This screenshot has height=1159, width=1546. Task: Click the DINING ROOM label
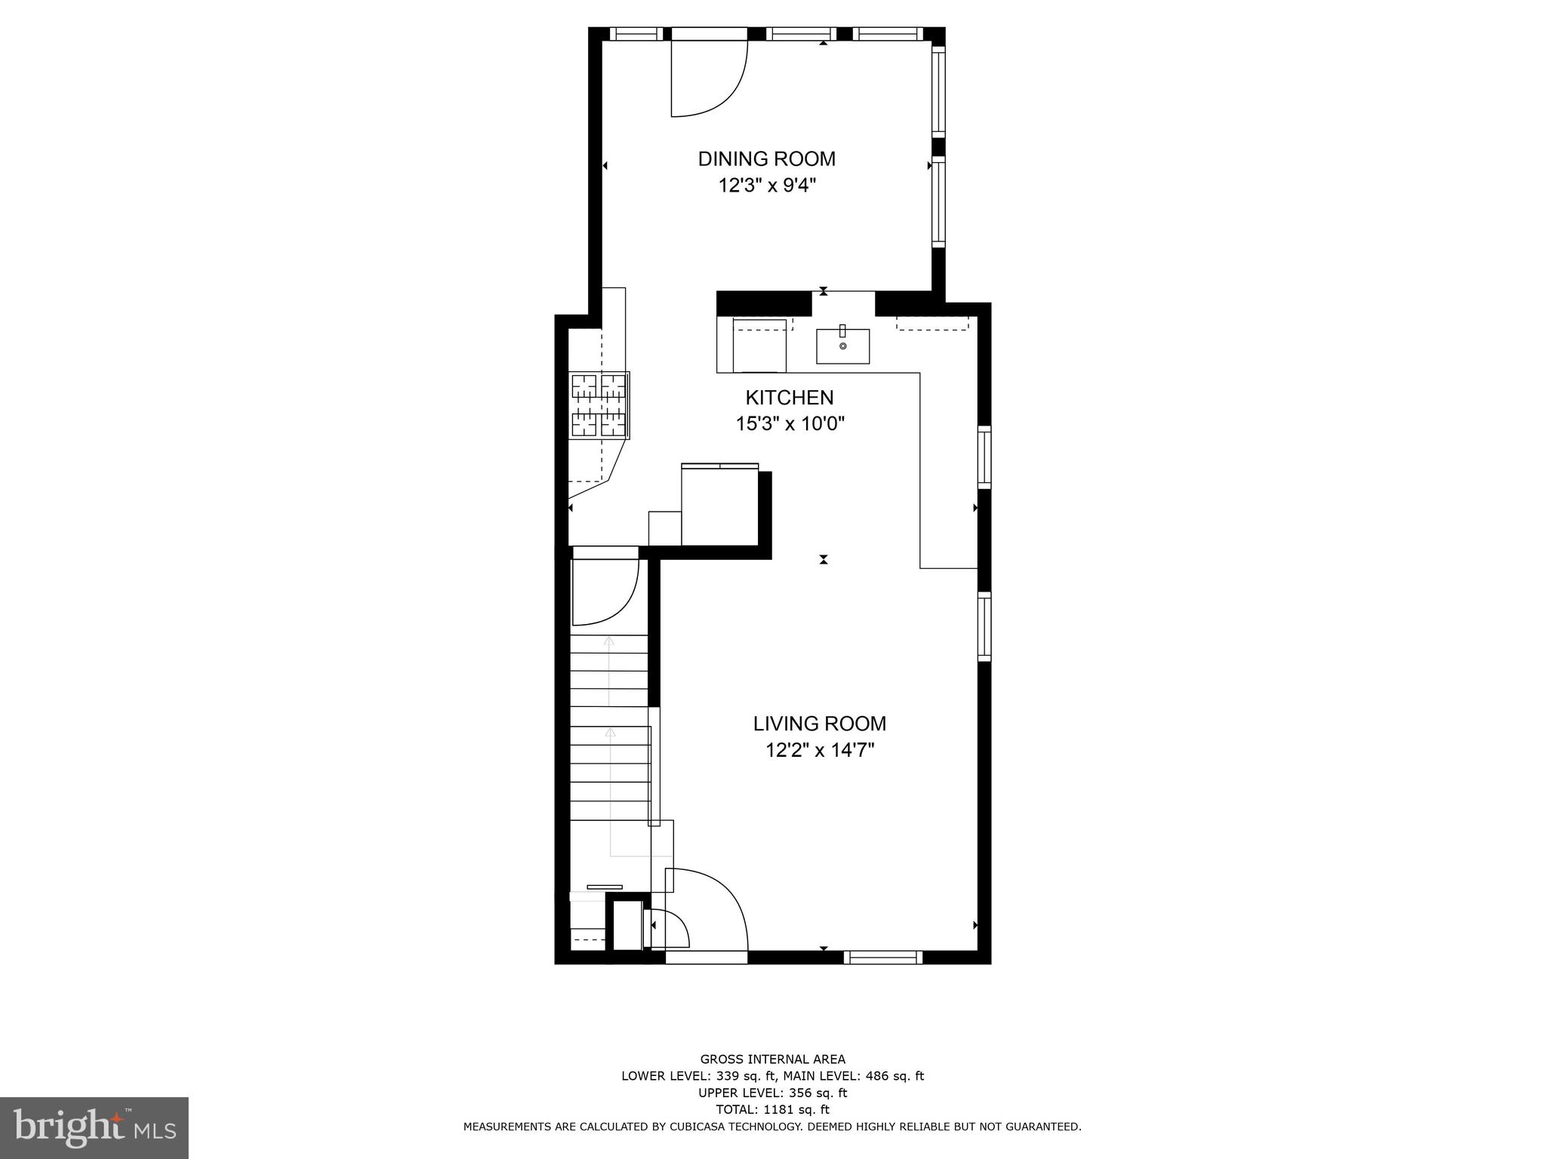point(766,159)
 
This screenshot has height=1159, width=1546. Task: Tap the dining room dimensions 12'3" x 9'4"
point(767,186)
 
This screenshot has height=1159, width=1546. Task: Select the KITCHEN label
point(790,398)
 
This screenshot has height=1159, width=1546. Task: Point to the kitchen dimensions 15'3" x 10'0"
point(790,424)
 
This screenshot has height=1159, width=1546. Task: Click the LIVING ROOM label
point(819,724)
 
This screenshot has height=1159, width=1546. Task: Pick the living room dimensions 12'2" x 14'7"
point(819,750)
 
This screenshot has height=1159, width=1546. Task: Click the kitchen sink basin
point(842,346)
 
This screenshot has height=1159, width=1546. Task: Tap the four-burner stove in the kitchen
point(599,405)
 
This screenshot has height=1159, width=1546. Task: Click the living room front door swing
point(710,909)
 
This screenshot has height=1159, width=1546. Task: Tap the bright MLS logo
point(94,1127)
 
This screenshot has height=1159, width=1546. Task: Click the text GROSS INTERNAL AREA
point(772,1059)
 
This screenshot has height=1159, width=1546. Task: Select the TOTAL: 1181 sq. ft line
point(772,1109)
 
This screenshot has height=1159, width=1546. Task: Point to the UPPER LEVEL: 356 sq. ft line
point(772,1093)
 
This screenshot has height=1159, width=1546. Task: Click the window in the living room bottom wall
point(882,957)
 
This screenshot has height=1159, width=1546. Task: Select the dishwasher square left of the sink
point(759,346)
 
